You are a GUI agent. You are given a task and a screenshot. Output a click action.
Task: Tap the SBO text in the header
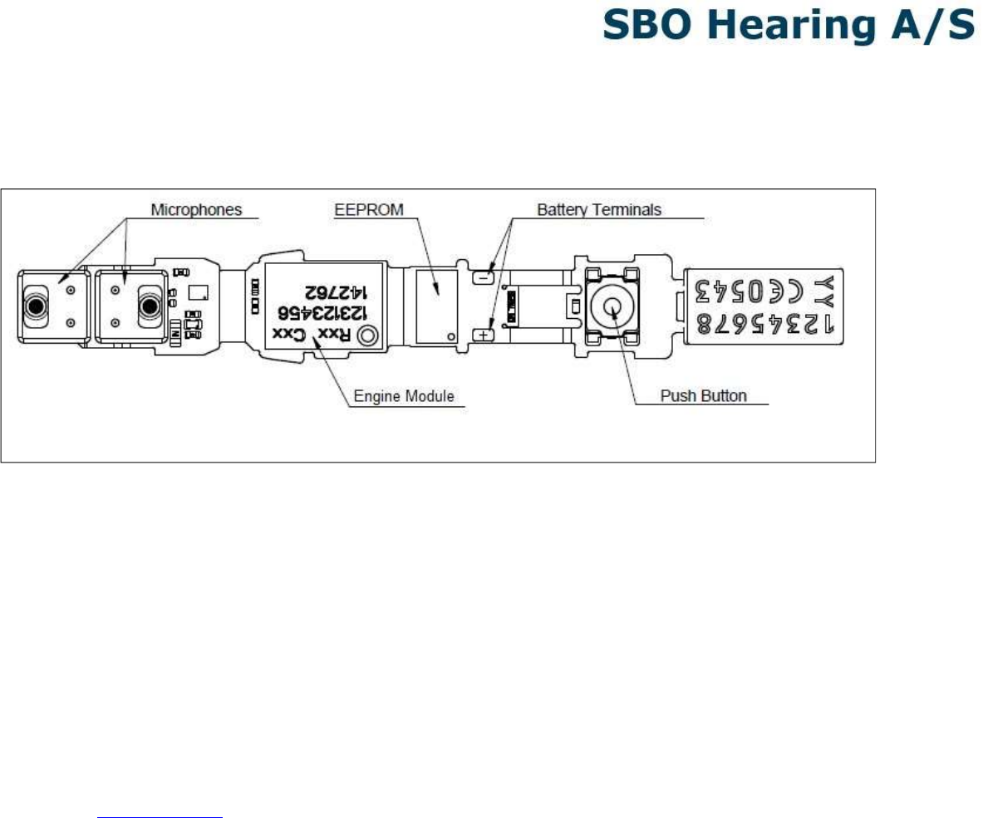click(650, 27)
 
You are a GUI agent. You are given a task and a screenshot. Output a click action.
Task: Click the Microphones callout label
click(196, 210)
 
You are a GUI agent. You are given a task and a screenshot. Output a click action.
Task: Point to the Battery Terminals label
click(599, 210)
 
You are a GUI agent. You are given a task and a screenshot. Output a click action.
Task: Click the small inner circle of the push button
click(612, 306)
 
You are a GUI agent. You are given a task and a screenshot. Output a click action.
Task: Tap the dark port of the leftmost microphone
click(36, 306)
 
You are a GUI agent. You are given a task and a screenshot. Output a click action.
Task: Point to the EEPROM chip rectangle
click(436, 305)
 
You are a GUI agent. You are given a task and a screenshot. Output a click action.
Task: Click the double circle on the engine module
click(366, 336)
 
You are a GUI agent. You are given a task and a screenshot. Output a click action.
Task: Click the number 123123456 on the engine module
click(324, 313)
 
